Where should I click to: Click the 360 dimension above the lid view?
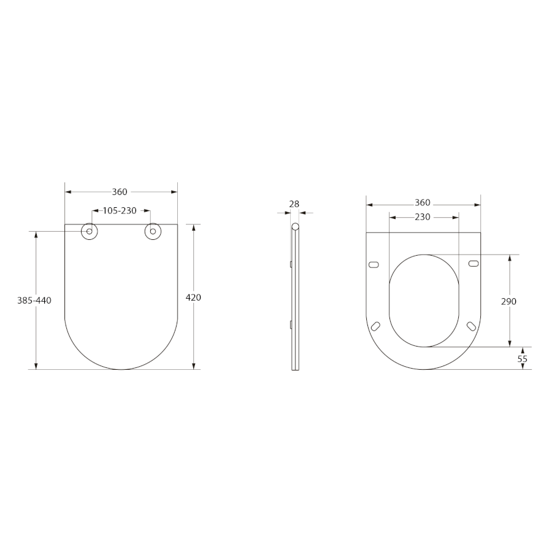click(x=120, y=192)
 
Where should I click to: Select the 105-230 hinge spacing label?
click(x=120, y=211)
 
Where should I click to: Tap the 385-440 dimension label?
click(x=34, y=301)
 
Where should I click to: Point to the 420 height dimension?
click(x=193, y=297)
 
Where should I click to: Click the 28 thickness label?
click(x=294, y=204)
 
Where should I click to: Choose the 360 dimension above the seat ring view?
click(x=423, y=203)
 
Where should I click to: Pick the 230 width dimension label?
click(x=423, y=217)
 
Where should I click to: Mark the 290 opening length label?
click(x=508, y=301)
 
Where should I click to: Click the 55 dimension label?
click(x=523, y=359)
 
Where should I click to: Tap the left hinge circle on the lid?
click(x=89, y=231)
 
